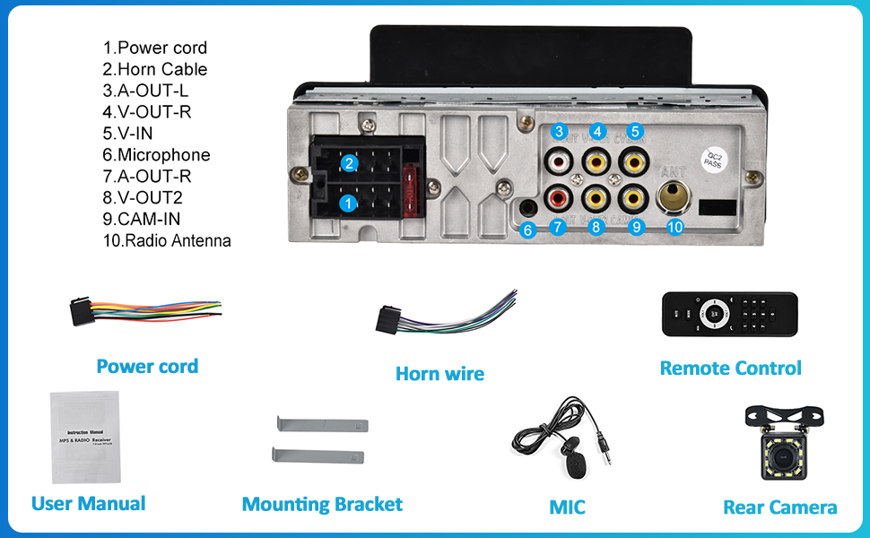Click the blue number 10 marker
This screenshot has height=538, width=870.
coord(675,228)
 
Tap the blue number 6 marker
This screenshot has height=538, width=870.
coord(527,230)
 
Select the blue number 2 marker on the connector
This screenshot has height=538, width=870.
coord(350,163)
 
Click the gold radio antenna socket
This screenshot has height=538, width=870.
coord(674,195)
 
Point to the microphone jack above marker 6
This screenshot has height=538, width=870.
coord(528,208)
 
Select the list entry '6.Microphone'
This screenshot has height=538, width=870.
coord(156,155)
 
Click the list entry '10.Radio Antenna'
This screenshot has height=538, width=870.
coord(166,240)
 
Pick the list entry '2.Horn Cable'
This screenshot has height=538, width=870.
coord(154,69)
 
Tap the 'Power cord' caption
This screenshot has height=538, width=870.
coord(147,366)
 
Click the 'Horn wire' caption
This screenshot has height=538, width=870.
coord(439,374)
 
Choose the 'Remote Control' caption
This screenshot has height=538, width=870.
coord(730,368)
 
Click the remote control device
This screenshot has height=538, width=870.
coord(729,314)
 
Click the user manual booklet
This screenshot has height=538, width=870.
coord(85,437)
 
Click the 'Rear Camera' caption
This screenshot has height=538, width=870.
coord(779,508)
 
